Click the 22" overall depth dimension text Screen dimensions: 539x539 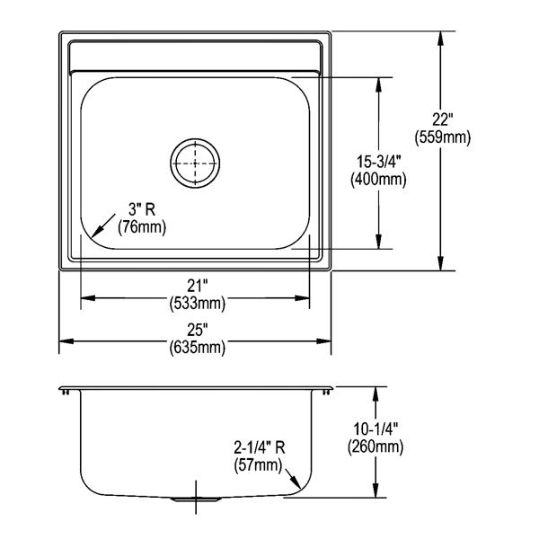(x=442, y=120)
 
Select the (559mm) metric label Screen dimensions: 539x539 (x=442, y=137)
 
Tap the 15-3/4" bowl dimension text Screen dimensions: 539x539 (x=378, y=162)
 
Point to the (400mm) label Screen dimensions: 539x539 (x=378, y=179)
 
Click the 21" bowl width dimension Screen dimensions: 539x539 (x=198, y=286)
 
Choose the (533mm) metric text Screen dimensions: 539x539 (x=198, y=304)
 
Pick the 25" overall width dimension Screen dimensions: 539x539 (x=198, y=330)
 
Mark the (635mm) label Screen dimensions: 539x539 (x=198, y=348)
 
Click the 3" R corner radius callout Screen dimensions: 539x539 (x=142, y=209)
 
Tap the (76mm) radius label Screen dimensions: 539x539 (x=142, y=227)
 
